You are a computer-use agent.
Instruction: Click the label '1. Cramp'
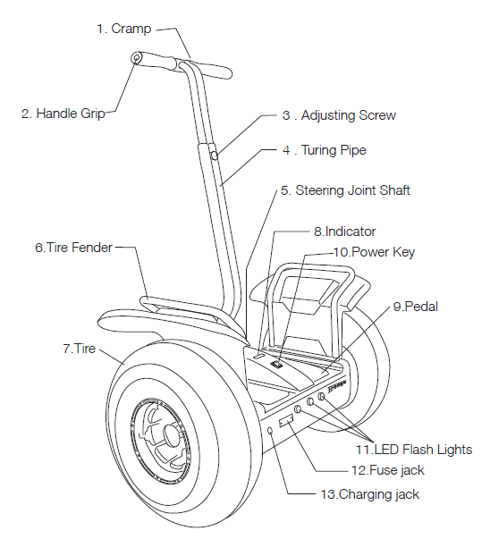123,29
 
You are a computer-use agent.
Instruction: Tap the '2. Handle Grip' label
63,114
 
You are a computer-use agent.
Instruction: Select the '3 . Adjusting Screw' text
339,115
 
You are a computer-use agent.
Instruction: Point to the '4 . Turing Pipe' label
325,150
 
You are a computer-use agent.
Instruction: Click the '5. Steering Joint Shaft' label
345,190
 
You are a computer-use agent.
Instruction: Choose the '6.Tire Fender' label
73,248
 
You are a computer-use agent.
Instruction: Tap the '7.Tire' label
79,349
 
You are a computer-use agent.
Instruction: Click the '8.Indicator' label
345,232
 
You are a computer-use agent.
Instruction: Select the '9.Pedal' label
416,307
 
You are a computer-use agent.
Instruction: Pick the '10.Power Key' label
374,252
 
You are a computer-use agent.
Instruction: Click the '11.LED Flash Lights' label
414,450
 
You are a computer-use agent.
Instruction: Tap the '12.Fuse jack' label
387,470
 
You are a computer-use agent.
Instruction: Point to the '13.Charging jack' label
370,494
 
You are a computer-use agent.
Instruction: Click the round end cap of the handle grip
137,58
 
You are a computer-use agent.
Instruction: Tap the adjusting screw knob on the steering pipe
215,156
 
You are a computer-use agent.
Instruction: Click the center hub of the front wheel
170,434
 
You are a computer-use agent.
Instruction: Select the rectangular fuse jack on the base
286,421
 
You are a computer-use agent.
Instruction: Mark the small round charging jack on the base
270,431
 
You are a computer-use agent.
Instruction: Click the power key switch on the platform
277,364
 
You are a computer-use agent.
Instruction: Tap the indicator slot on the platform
259,357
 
